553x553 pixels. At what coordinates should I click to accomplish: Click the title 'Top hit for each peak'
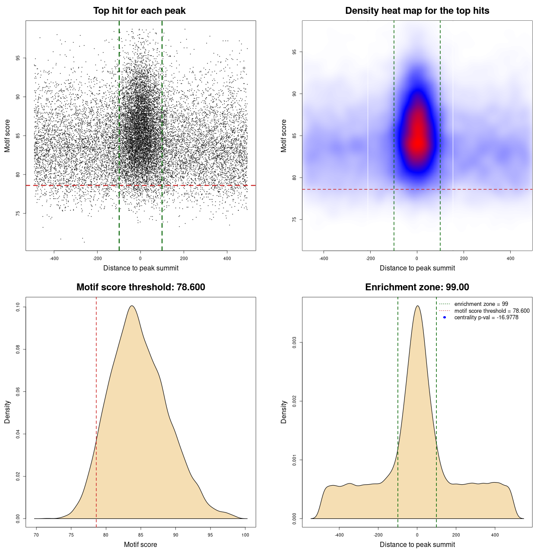click(140, 11)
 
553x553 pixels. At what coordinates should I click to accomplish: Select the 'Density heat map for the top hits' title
click(417, 11)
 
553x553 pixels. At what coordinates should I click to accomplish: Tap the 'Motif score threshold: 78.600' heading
click(140, 287)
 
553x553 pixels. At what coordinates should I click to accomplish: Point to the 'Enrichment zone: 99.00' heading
click(417, 287)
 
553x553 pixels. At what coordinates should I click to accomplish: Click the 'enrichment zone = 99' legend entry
click(481, 304)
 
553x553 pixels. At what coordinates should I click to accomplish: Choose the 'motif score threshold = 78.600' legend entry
click(492, 311)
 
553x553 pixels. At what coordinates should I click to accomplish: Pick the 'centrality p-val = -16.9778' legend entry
click(486, 318)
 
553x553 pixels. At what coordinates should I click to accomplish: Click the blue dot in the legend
click(445, 318)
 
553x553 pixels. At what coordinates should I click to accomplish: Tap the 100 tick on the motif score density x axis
click(245, 535)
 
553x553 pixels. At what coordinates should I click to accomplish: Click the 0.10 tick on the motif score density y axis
click(18, 307)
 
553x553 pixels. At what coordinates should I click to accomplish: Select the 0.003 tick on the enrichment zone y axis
click(294, 343)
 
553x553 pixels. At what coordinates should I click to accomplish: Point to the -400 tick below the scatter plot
click(54, 258)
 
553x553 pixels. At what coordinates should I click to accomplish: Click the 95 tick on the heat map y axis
click(294, 52)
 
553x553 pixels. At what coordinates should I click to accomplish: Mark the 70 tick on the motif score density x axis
click(36, 535)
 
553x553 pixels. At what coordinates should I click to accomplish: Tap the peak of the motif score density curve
click(132, 306)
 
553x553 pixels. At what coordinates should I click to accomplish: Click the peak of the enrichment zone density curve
click(417, 306)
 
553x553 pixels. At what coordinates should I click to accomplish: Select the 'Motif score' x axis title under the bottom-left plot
click(140, 544)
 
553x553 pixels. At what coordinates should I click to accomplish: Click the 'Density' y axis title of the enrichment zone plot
click(284, 412)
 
